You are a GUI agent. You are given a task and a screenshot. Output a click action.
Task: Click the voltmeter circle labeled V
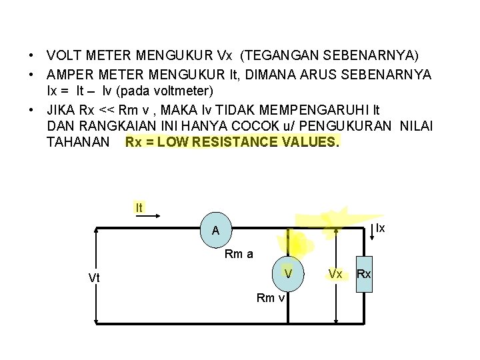coord(288,273)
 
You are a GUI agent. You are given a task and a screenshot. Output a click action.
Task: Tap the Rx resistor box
coord(364,274)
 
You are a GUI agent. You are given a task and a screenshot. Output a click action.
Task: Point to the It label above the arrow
coord(139,208)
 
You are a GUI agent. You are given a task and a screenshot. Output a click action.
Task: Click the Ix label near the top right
coord(380,228)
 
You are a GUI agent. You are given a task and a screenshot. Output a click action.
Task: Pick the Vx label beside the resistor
coord(335,274)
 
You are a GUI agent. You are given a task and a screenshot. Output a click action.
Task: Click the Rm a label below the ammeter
coord(239,253)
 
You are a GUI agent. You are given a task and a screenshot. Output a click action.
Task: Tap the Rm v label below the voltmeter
coord(271,297)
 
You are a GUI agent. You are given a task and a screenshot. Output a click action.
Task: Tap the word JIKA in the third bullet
coord(62,108)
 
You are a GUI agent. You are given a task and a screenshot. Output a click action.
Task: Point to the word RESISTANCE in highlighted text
coord(234,143)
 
